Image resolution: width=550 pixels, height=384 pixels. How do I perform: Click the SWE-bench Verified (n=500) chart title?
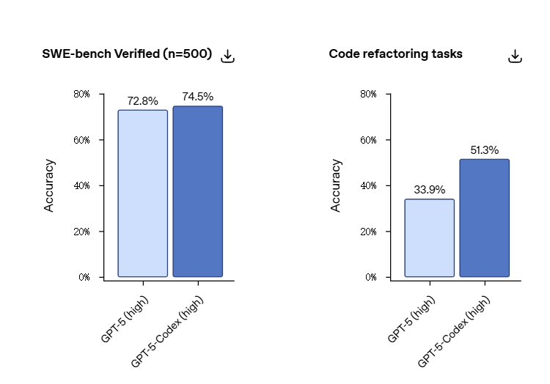127,54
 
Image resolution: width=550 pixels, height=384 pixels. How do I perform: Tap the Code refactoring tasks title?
395,54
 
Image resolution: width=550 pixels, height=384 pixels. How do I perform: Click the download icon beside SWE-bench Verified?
228,56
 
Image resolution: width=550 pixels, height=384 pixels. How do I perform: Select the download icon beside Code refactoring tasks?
515,56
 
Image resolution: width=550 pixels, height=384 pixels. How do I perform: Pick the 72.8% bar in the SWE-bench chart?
142,193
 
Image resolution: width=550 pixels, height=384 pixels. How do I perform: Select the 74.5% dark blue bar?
197,191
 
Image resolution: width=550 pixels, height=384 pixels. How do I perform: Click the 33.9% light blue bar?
429,238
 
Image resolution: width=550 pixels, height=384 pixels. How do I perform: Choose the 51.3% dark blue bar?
484,218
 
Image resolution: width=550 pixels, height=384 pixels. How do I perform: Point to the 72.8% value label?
142,101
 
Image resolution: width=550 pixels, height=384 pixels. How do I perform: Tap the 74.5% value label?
197,97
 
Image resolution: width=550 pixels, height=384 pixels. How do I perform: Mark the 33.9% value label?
429,190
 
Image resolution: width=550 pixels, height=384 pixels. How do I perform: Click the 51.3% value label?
484,150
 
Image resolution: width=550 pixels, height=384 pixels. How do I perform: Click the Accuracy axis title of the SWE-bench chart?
49,185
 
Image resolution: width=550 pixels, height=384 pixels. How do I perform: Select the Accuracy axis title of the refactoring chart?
336,185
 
